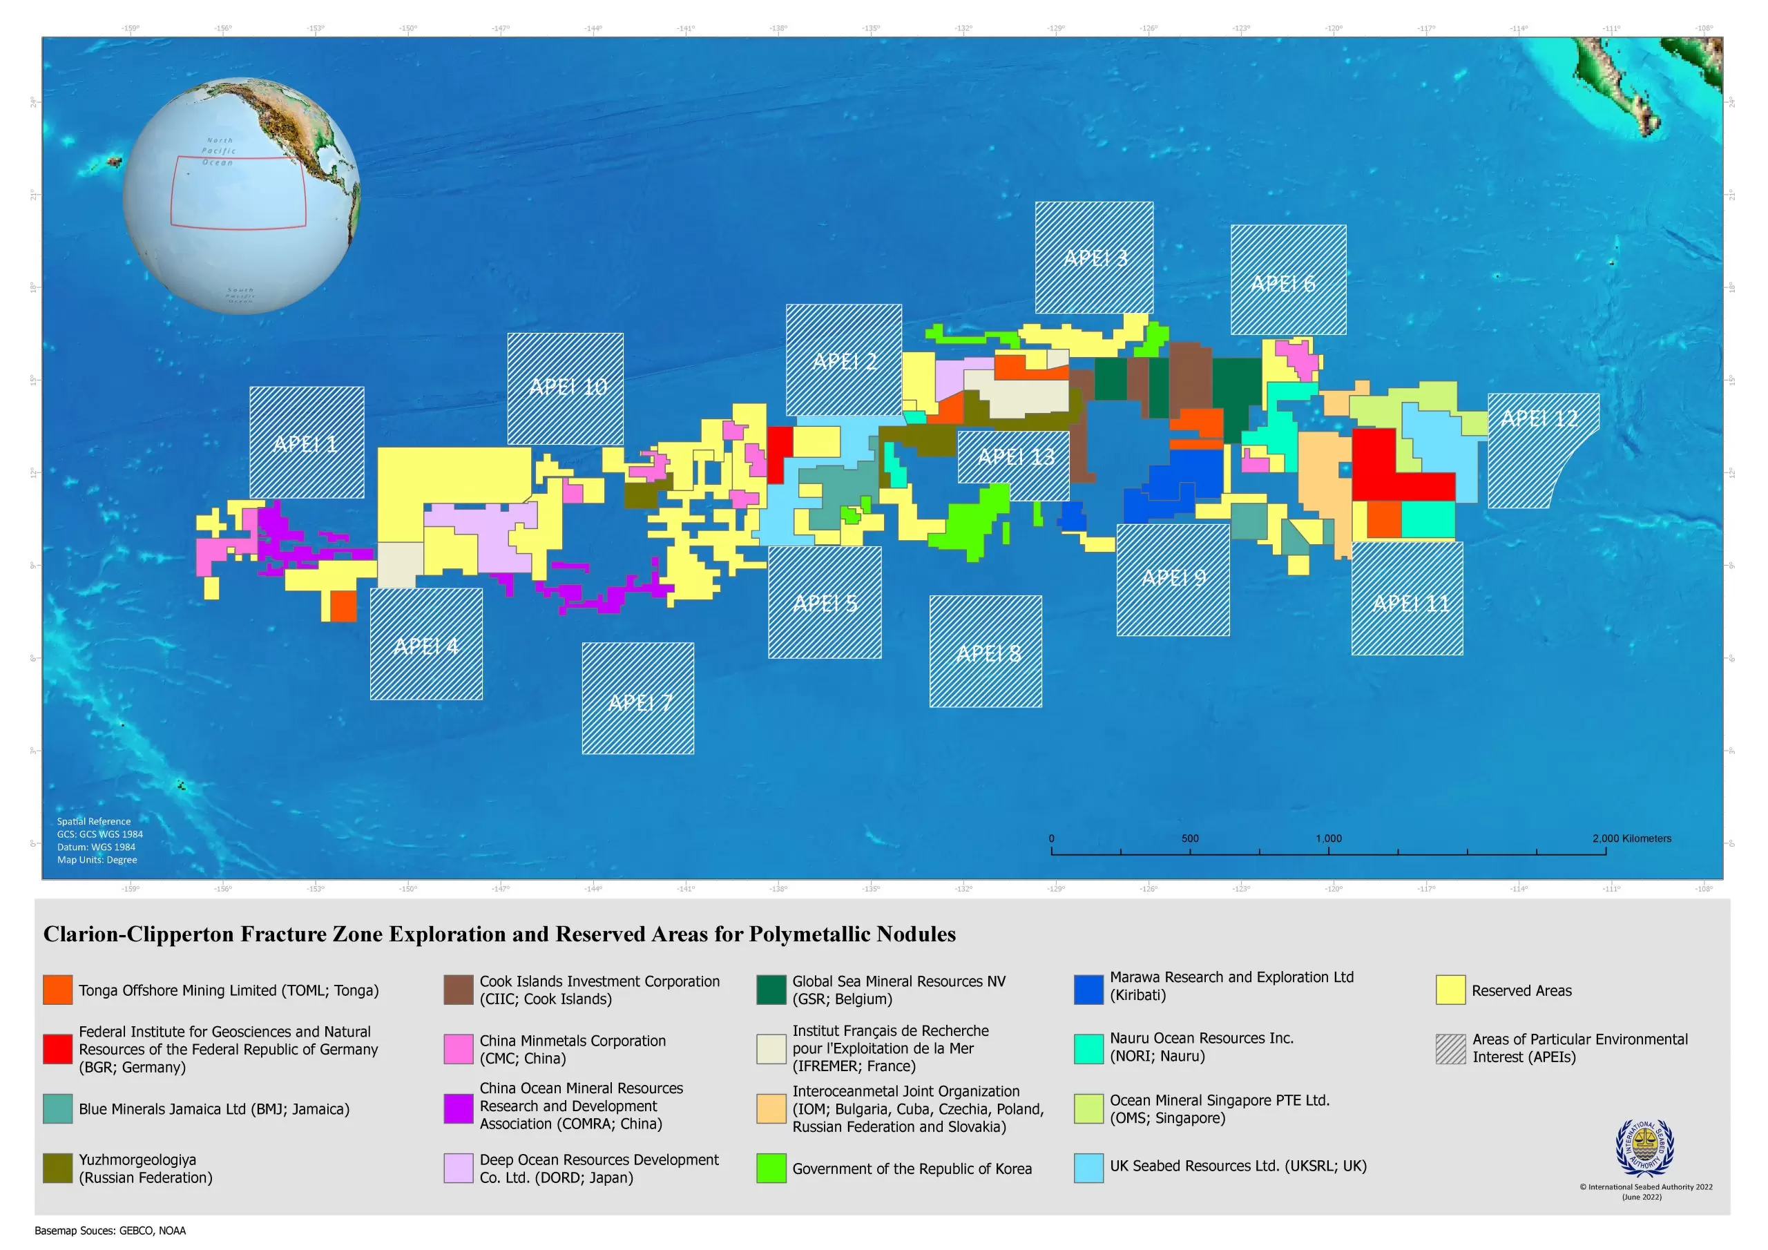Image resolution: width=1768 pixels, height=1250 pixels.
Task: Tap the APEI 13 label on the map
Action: click(1016, 456)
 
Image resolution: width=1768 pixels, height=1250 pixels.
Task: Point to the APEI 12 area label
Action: click(1539, 419)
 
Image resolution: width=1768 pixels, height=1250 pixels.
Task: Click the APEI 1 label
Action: click(305, 443)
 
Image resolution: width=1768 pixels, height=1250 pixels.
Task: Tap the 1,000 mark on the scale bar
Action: click(1327, 838)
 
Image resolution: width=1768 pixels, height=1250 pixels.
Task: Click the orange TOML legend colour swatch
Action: click(58, 990)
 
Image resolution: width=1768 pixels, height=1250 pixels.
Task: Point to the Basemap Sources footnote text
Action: click(110, 1230)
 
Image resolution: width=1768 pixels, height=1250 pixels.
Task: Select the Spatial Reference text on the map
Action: click(93, 821)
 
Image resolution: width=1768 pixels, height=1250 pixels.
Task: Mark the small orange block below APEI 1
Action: click(343, 606)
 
